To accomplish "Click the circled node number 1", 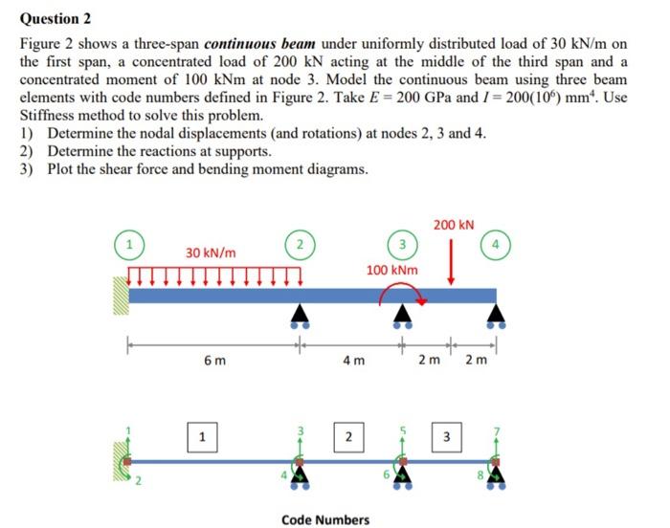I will pyautogui.click(x=125, y=244).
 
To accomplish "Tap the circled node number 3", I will pyautogui.click(x=403, y=244).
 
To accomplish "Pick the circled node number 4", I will pyautogui.click(x=496, y=244).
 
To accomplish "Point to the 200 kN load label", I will pyautogui.click(x=453, y=225).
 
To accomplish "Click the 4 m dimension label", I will pyautogui.click(x=352, y=361).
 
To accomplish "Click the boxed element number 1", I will pyautogui.click(x=201, y=437).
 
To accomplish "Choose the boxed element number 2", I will pyautogui.click(x=349, y=437).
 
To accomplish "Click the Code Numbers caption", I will pyautogui.click(x=324, y=519).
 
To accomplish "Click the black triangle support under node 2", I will pyautogui.click(x=300, y=315).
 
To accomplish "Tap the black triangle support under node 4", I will pyautogui.click(x=496, y=315).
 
